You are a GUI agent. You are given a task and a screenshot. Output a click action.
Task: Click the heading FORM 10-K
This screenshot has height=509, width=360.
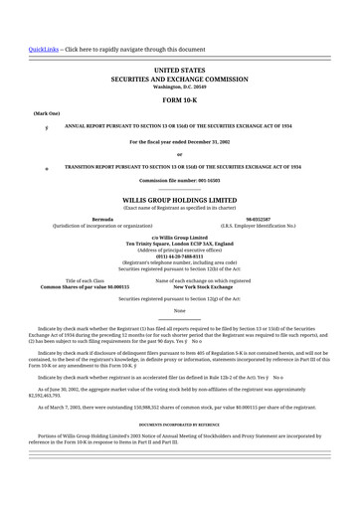pos(179,100)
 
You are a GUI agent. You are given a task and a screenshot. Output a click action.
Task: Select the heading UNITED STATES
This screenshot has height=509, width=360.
pos(179,71)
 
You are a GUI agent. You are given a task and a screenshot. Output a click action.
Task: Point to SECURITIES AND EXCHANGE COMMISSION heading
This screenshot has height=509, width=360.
pos(179,79)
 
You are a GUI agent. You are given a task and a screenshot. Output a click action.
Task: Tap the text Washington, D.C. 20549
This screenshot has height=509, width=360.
pos(179,86)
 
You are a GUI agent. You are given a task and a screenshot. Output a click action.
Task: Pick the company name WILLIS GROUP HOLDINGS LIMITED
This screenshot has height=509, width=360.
pos(179,200)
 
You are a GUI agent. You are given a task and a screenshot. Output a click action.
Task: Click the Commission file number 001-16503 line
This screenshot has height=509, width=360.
pos(179,180)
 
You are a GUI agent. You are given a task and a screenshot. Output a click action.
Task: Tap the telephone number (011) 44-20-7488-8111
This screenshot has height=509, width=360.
pos(179,250)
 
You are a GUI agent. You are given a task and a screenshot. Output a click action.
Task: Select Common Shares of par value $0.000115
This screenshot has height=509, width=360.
pos(85,286)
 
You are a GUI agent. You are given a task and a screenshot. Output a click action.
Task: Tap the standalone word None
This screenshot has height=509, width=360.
pos(179,311)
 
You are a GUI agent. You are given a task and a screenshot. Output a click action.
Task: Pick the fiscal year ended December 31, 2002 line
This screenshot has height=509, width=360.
pos(179,142)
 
